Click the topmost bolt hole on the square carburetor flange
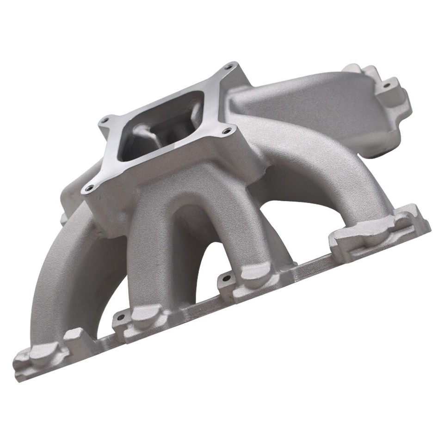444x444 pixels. (228, 68)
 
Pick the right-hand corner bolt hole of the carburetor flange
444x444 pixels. (226, 131)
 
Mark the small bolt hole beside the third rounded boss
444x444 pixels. (227, 278)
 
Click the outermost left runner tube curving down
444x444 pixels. (60, 282)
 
